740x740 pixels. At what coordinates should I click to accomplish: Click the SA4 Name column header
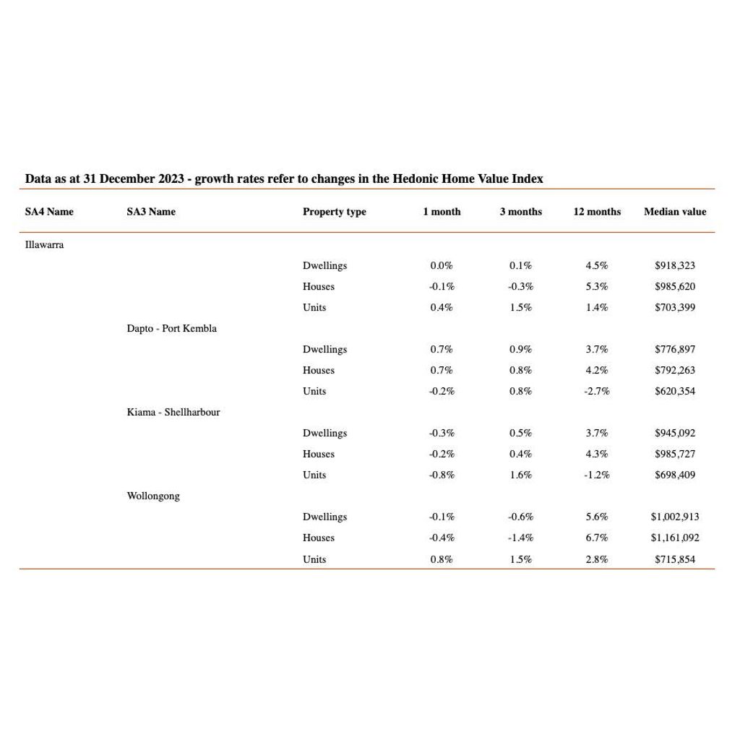(49, 212)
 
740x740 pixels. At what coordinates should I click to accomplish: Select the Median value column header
(675, 212)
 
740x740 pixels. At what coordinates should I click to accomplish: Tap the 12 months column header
(597, 212)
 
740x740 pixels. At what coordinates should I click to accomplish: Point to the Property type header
(334, 212)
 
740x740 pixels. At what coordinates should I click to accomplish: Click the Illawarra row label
(44, 245)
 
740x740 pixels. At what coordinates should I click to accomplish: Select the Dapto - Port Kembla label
(171, 329)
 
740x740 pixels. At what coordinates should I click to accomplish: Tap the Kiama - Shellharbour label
(173, 413)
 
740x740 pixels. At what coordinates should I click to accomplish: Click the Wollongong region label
(153, 496)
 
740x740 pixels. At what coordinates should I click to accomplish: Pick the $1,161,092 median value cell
(674, 538)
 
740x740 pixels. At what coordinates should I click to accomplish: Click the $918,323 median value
(675, 266)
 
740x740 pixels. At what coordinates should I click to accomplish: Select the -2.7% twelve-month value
(597, 392)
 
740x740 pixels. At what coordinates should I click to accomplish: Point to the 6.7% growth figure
(597, 538)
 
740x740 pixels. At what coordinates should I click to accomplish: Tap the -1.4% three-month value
(520, 538)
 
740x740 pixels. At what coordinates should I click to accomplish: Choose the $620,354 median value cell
(675, 392)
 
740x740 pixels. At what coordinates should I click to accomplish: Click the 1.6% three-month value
(520, 476)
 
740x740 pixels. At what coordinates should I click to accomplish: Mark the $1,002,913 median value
(674, 517)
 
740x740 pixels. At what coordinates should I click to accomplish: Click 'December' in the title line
(127, 178)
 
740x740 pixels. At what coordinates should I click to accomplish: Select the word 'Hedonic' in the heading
(414, 178)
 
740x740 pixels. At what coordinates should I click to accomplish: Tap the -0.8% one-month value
(441, 476)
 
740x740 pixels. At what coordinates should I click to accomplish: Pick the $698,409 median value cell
(675, 476)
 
